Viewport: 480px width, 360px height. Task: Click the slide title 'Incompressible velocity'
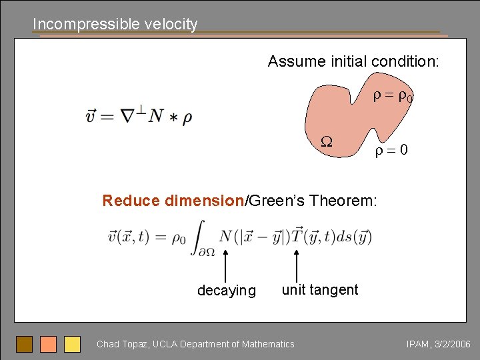point(115,24)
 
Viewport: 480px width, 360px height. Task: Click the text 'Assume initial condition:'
point(353,62)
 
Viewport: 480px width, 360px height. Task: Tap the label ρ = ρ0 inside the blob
point(393,97)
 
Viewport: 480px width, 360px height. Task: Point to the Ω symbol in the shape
point(327,141)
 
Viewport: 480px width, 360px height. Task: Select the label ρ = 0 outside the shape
point(391,151)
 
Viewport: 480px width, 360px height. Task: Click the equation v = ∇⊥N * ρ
point(139,116)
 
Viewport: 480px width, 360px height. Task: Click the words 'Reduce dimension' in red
point(173,201)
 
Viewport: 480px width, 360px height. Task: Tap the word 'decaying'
point(226,291)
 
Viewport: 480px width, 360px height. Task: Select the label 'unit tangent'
point(320,289)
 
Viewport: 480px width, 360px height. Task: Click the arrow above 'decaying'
point(226,265)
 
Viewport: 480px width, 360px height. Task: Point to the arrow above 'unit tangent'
point(296,265)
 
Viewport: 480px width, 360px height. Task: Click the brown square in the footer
point(25,344)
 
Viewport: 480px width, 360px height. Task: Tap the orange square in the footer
point(49,344)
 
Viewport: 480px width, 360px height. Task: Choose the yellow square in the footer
point(72,344)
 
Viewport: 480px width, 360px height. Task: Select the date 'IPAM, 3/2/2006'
point(438,344)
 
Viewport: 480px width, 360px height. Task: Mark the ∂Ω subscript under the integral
point(195,251)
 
